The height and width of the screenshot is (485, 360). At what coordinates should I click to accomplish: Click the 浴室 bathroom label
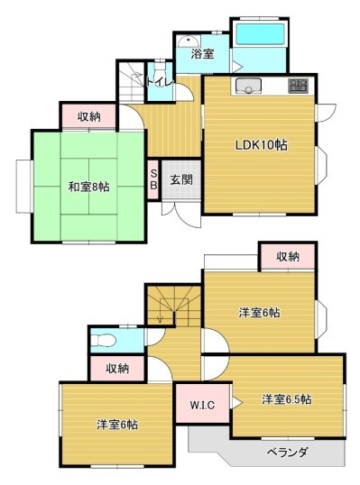(x=202, y=54)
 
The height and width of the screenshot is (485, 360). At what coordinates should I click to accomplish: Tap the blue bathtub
(x=260, y=34)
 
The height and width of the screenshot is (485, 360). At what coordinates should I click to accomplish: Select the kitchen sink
(x=248, y=86)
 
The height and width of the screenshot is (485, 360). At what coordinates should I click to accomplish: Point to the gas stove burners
(x=298, y=86)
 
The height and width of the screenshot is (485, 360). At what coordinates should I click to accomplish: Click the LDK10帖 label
(x=261, y=145)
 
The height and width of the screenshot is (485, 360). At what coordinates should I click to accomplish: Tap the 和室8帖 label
(x=88, y=187)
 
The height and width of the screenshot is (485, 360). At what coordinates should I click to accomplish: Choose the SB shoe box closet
(x=153, y=179)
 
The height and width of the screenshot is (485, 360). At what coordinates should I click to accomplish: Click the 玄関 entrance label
(x=181, y=179)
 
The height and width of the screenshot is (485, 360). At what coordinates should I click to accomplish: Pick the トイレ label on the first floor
(x=159, y=82)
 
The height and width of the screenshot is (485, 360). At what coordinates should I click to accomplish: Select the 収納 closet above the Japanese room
(x=88, y=116)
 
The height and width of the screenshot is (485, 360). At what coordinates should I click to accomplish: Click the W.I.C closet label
(x=202, y=405)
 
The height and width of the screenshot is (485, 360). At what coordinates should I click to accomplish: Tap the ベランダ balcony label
(x=287, y=453)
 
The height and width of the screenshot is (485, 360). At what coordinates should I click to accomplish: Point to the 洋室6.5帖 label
(x=287, y=399)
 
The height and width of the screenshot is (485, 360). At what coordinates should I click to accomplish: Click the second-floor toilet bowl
(x=104, y=341)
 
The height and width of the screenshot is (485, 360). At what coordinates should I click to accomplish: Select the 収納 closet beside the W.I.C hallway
(x=117, y=369)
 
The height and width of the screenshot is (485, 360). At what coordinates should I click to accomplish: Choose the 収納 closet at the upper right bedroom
(x=288, y=256)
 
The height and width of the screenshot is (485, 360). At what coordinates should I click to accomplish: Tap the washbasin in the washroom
(x=189, y=41)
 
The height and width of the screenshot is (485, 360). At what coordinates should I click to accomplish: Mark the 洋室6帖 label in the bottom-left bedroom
(x=117, y=425)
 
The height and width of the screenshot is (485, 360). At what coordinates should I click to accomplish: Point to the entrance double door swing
(x=181, y=215)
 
